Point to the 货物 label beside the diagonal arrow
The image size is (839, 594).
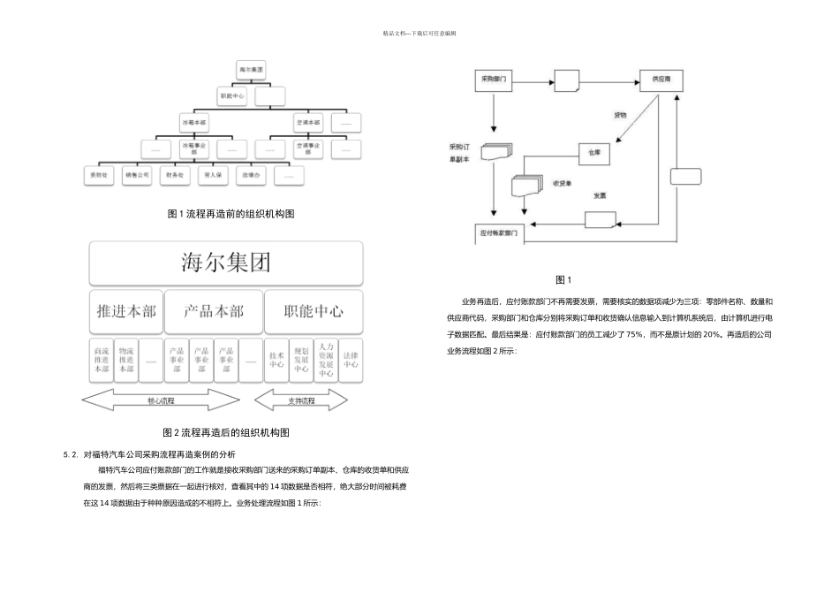point(621,116)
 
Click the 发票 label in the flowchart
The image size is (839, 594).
point(600,195)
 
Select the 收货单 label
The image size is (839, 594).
point(563,184)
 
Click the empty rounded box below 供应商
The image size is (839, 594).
point(685,176)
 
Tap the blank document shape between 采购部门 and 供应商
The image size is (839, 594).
point(567,80)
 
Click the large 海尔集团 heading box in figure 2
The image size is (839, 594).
point(225,263)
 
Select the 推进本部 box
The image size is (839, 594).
point(126,311)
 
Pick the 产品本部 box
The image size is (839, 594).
point(214,311)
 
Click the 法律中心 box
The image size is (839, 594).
point(351,359)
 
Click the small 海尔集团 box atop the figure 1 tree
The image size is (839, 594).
point(252,68)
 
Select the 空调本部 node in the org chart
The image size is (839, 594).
point(308,121)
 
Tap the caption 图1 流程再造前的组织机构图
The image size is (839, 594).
point(231,214)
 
